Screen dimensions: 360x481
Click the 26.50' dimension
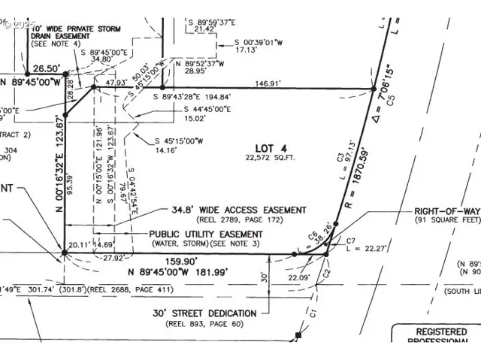(45, 65)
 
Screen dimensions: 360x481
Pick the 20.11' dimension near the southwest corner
(77, 245)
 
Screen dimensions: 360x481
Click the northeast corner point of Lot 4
(374, 88)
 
